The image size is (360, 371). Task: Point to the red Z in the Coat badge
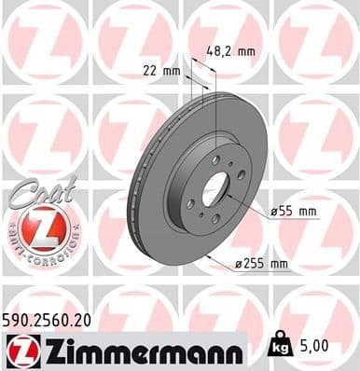36,228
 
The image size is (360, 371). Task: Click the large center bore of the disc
214,191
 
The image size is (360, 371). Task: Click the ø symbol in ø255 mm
241,265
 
